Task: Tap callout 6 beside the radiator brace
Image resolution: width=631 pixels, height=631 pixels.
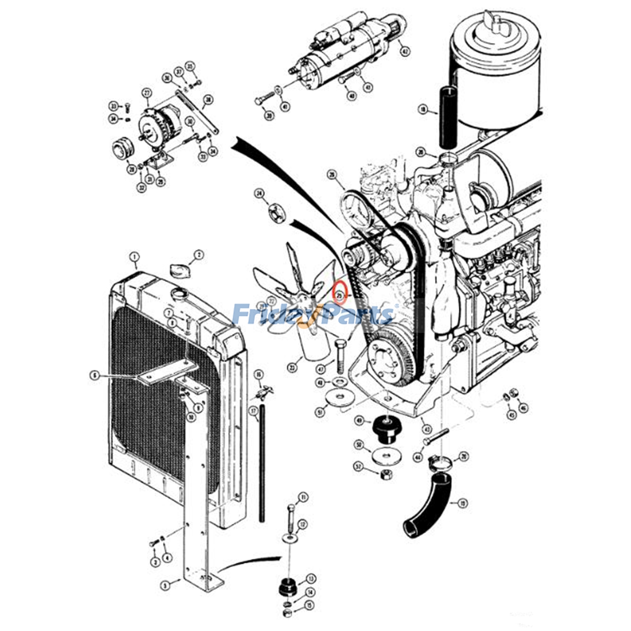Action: click(x=94, y=376)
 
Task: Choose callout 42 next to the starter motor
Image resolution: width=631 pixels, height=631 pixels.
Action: click(x=404, y=51)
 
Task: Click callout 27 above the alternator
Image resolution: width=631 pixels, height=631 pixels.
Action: click(x=147, y=93)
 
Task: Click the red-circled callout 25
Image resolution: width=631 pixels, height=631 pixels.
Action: click(x=339, y=294)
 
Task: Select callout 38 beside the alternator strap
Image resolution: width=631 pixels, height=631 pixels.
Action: click(x=207, y=100)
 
